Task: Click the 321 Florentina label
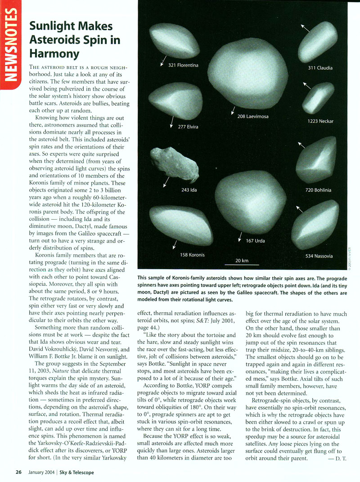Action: click(x=183, y=65)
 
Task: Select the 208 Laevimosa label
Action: click(x=253, y=117)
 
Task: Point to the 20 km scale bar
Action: click(x=242, y=265)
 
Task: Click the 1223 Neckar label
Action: click(x=320, y=121)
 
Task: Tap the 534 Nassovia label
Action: click(x=319, y=256)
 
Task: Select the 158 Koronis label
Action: click(x=192, y=255)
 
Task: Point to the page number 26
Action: click(x=18, y=472)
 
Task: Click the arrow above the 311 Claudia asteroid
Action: click(x=306, y=28)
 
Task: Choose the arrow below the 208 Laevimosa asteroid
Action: click(x=233, y=110)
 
